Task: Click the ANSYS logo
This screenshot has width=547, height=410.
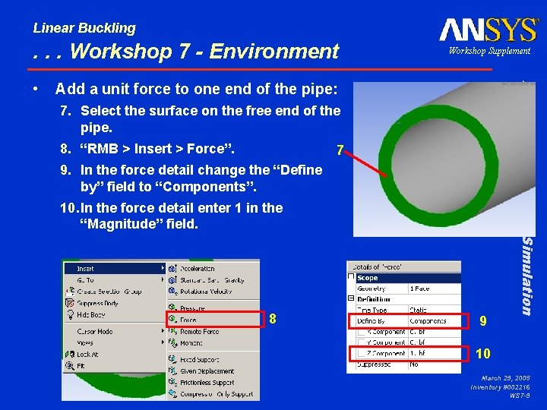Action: pyautogui.click(x=489, y=30)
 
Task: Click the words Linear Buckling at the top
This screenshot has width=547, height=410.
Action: pyautogui.click(x=84, y=28)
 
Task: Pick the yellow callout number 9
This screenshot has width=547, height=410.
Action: pyautogui.click(x=483, y=321)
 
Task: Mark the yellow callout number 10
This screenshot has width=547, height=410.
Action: pyautogui.click(x=483, y=353)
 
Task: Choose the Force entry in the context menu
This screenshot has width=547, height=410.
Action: pyautogui.click(x=188, y=320)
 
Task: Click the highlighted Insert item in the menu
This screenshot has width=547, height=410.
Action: pyautogui.click(x=86, y=269)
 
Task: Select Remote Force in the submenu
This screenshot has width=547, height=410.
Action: pyautogui.click(x=199, y=332)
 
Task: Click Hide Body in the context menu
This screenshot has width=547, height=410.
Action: pyautogui.click(x=91, y=314)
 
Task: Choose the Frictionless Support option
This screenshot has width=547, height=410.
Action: pyautogui.click(x=207, y=383)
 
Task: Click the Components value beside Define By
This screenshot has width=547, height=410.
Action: pyautogui.click(x=428, y=321)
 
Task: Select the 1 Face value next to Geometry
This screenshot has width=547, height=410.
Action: pyautogui.click(x=420, y=289)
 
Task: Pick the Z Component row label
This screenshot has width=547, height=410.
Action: pyautogui.click(x=383, y=353)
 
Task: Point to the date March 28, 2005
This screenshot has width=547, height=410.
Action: pyautogui.click(x=505, y=377)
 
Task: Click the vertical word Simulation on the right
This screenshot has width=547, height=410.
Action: pyautogui.click(x=525, y=275)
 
